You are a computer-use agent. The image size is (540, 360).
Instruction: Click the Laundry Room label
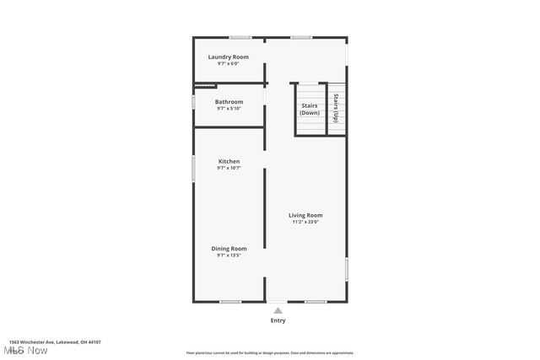(229, 56)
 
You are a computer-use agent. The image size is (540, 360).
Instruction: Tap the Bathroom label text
(229, 102)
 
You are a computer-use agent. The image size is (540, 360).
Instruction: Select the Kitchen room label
(229, 161)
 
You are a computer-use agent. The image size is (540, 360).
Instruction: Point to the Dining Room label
(229, 248)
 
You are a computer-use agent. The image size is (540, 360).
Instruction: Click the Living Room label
(305, 215)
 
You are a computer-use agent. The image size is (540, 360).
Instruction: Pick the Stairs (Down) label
(310, 109)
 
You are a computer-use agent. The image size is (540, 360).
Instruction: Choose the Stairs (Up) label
(336, 108)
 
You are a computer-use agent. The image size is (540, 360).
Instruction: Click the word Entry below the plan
(278, 320)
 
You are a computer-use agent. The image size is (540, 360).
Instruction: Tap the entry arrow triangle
(278, 310)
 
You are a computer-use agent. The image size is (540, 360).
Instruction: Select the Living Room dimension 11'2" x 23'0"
(305, 222)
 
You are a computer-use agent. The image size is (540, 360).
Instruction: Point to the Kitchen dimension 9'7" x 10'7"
(229, 168)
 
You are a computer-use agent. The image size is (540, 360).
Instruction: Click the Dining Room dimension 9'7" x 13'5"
(229, 255)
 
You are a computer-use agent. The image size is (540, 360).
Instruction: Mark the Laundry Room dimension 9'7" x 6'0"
(229, 63)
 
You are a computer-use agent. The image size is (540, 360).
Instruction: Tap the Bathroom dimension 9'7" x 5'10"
(229, 109)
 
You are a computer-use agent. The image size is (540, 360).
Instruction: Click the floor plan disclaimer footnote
(270, 353)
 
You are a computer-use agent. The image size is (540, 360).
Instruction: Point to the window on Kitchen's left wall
(193, 168)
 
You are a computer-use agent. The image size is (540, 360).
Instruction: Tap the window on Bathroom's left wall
(193, 102)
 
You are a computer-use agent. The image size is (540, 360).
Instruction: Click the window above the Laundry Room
(241, 37)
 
